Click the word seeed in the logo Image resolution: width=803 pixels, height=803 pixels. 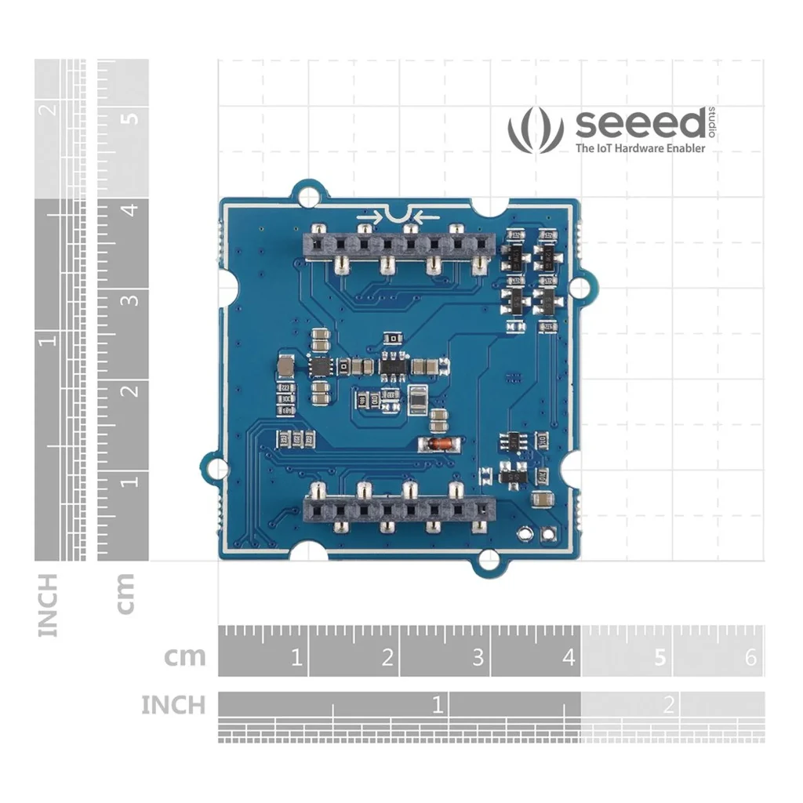[x=641, y=125]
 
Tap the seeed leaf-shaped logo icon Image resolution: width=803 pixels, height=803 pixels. [x=536, y=129]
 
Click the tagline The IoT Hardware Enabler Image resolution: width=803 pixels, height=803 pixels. [x=640, y=148]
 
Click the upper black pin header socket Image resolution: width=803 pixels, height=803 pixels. [x=398, y=245]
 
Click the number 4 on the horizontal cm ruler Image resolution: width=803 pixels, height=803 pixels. [x=569, y=657]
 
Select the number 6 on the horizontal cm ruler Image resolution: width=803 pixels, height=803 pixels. [x=750, y=657]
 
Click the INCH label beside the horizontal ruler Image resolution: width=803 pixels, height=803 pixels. [x=173, y=705]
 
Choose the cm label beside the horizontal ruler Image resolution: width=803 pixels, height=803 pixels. [x=185, y=656]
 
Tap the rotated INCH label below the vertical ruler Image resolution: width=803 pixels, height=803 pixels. [x=48, y=605]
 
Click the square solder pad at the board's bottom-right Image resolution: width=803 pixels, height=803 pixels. [x=547, y=534]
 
